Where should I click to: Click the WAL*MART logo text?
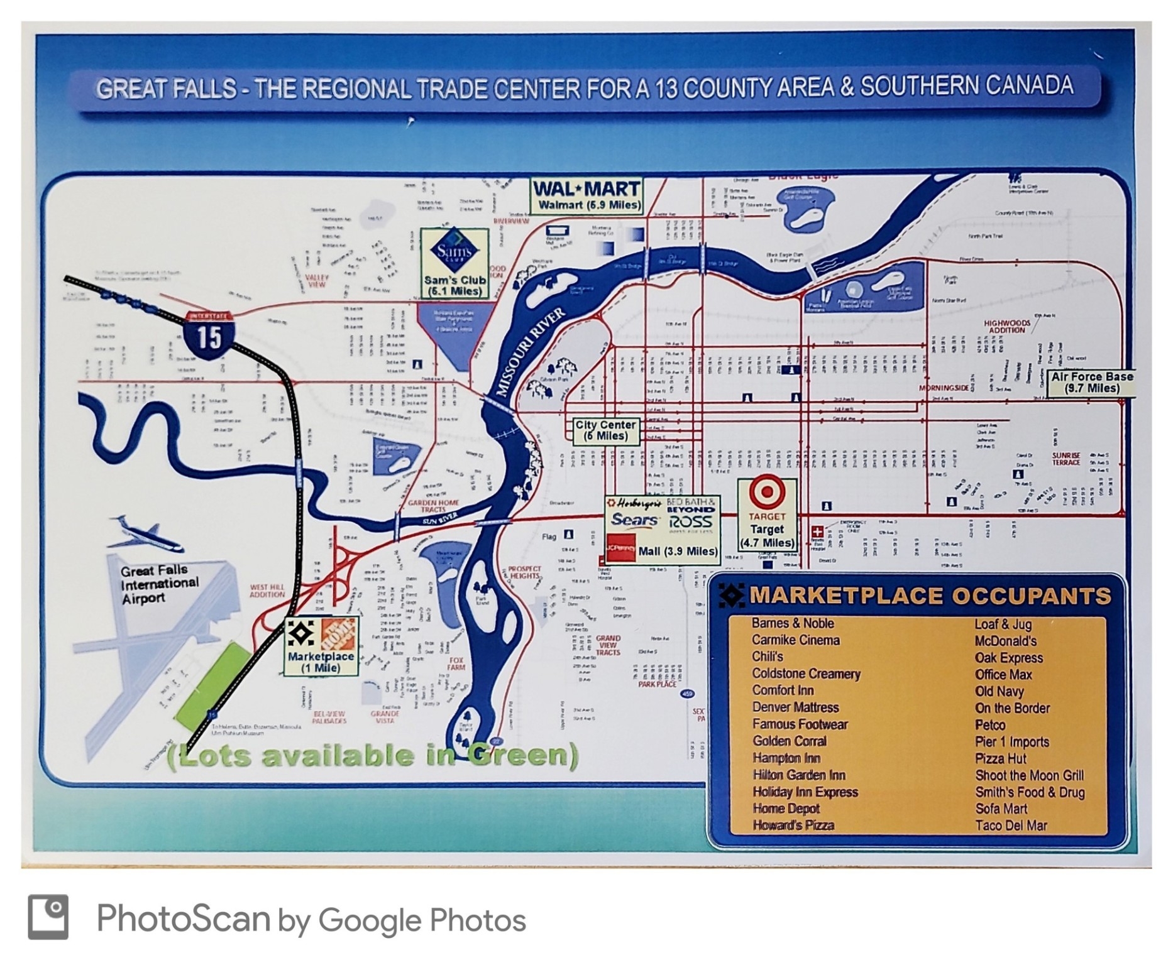point(586,188)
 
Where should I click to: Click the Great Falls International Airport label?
point(158,584)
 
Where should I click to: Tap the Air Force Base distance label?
point(1092,382)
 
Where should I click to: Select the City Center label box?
point(605,430)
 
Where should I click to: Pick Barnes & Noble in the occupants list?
point(792,623)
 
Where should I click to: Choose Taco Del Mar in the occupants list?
point(1011,826)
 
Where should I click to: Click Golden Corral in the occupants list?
point(789,741)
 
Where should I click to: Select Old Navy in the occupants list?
point(999,691)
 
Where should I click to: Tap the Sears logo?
point(634,520)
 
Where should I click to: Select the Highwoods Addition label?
point(1006,327)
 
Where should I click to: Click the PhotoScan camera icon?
point(48,917)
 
